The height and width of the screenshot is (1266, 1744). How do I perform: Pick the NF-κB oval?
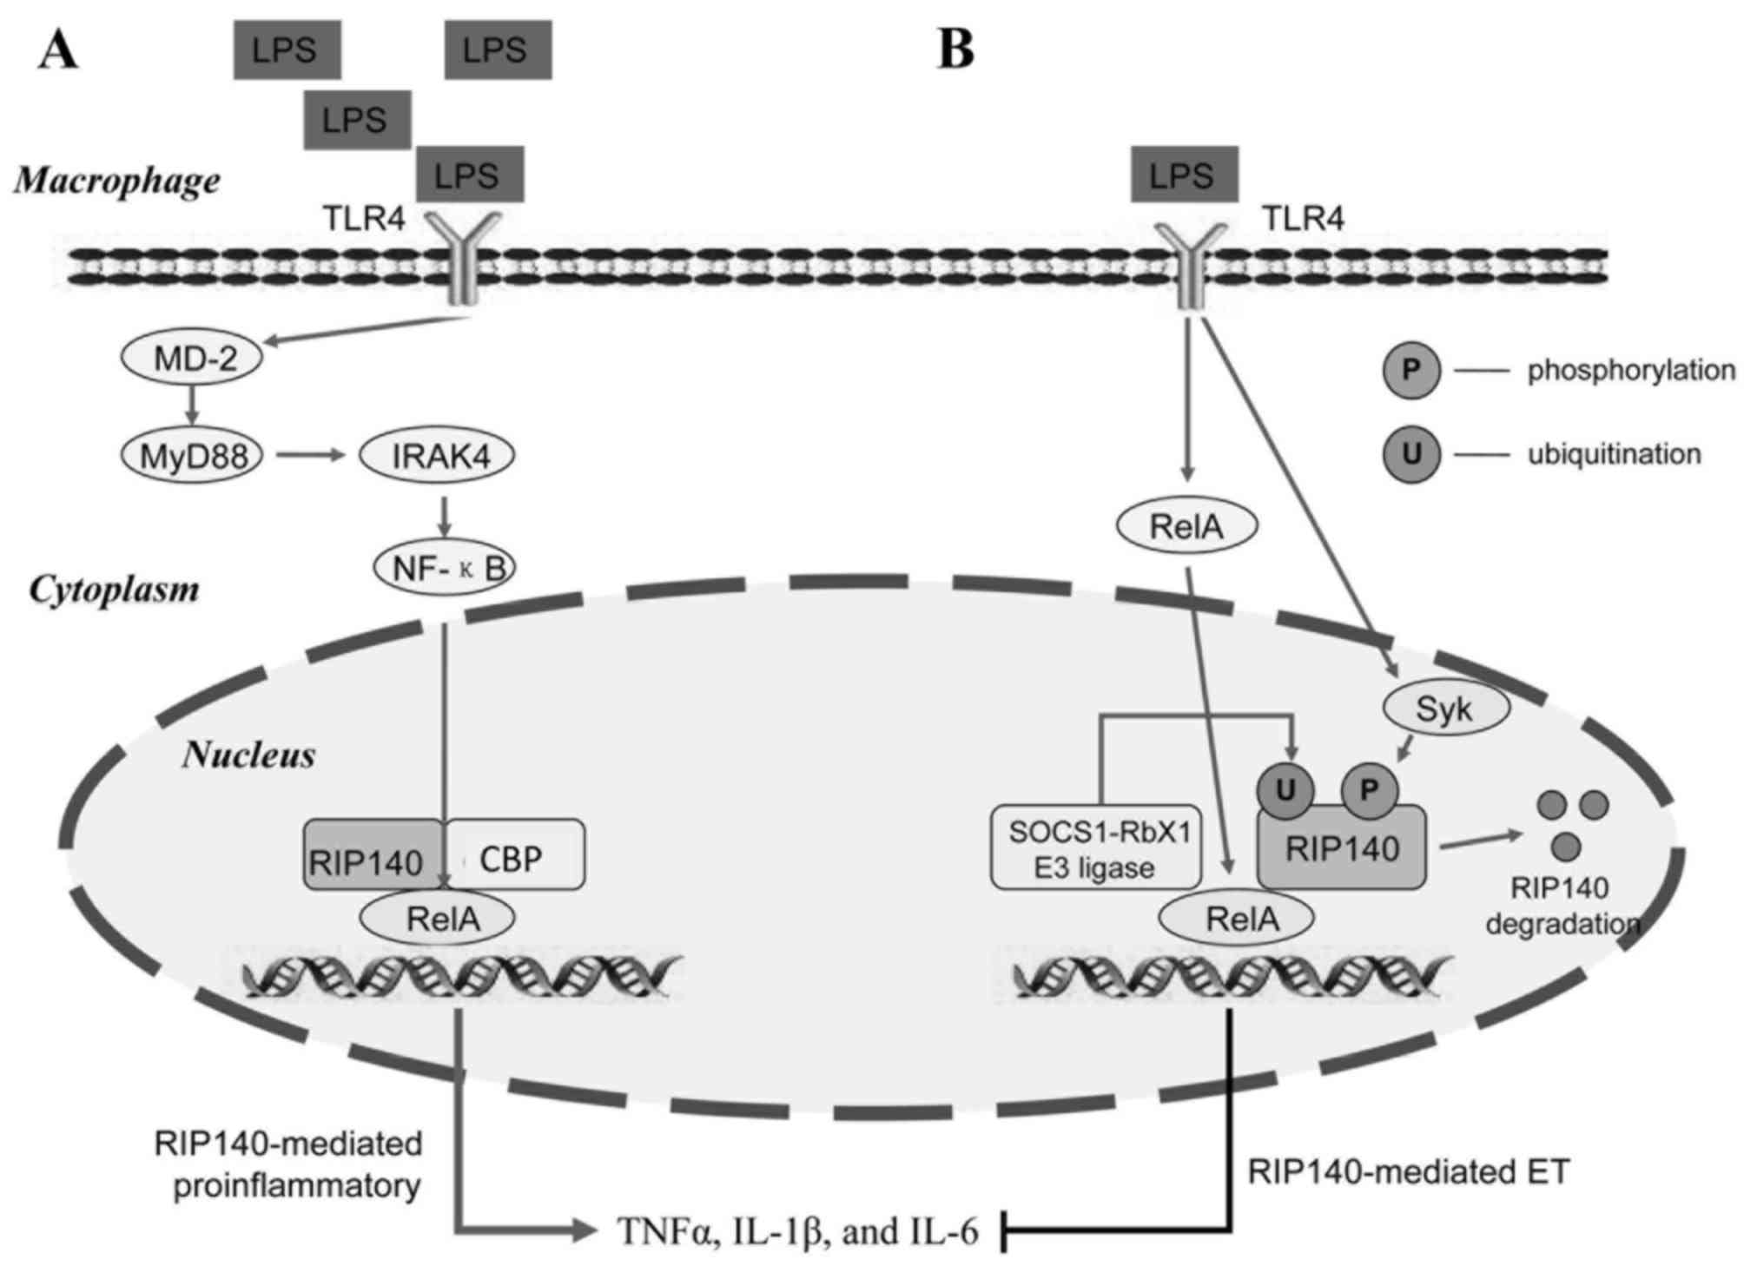point(445,568)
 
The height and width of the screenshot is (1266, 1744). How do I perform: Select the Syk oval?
point(1443,709)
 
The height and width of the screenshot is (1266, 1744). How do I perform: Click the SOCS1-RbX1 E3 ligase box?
point(1096,849)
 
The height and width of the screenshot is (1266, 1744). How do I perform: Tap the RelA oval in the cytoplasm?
point(1186,526)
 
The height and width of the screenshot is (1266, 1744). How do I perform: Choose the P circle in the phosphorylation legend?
point(1411,371)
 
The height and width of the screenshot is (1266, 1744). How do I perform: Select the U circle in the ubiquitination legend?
point(1411,454)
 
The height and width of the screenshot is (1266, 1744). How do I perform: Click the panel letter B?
point(956,50)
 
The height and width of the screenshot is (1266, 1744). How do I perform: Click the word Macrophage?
point(117,181)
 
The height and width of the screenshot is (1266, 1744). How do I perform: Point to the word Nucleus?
point(248,755)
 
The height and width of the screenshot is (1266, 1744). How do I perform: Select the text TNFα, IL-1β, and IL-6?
point(797,1230)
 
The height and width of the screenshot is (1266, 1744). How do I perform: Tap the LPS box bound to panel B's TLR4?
point(1184,176)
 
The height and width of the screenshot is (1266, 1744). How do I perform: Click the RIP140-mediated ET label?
point(1409,1172)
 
